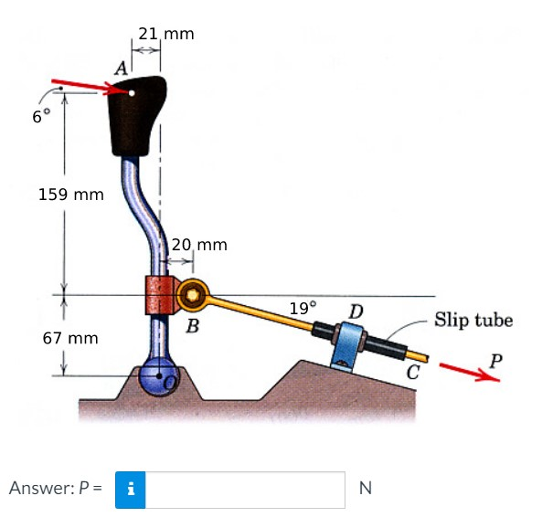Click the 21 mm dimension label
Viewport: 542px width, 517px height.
pyautogui.click(x=165, y=34)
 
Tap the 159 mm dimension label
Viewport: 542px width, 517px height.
pyautogui.click(x=71, y=195)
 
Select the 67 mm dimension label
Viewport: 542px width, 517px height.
pyautogui.click(x=70, y=338)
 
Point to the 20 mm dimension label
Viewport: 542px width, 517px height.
pyautogui.click(x=199, y=245)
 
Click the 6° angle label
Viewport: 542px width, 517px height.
pyautogui.click(x=37, y=117)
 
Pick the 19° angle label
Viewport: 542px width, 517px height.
pyautogui.click(x=303, y=308)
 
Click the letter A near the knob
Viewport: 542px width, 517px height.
pyautogui.click(x=120, y=67)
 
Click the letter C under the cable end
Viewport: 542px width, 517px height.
pyautogui.click(x=413, y=372)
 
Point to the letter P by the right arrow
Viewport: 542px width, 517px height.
pyautogui.click(x=494, y=359)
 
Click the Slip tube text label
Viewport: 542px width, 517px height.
pyautogui.click(x=473, y=320)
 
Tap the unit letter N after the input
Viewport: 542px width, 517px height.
pyautogui.click(x=365, y=488)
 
